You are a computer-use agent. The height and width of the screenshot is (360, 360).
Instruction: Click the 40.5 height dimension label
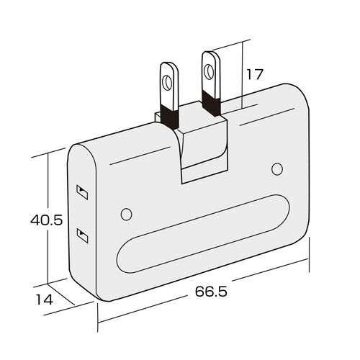pyautogui.click(x=47, y=220)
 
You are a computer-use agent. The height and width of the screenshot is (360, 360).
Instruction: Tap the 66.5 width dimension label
pyautogui.click(x=211, y=292)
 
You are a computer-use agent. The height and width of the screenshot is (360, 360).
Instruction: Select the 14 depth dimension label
pyautogui.click(x=44, y=300)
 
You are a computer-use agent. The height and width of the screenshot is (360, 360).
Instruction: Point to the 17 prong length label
pyautogui.click(x=255, y=74)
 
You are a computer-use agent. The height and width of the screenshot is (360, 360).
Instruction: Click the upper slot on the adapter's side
pyautogui.click(x=82, y=192)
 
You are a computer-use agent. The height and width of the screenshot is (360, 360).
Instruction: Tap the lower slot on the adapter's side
pyautogui.click(x=82, y=235)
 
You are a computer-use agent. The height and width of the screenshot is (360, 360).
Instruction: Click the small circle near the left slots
pyautogui.click(x=126, y=214)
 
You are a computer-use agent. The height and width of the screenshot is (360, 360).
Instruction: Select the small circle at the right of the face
pyautogui.click(x=277, y=169)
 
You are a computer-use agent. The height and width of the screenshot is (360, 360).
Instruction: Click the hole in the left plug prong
pyautogui.click(x=166, y=83)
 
